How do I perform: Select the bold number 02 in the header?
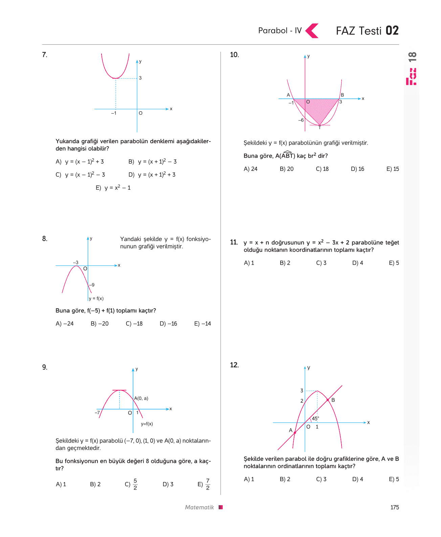pyautogui.click(x=392, y=30)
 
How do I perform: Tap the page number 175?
pyautogui.click(x=394, y=507)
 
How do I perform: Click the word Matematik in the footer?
pyautogui.click(x=199, y=507)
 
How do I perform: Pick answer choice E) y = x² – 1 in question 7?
pyautogui.click(x=113, y=187)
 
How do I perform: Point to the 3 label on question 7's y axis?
pyautogui.click(x=140, y=78)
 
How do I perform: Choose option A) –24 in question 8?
pyautogui.click(x=64, y=323)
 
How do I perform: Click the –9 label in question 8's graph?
pyautogui.click(x=92, y=285)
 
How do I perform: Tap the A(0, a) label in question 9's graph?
pyautogui.click(x=141, y=398)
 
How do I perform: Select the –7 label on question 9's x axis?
pyautogui.click(x=97, y=412)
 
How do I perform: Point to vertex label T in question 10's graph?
pyautogui.click(x=319, y=128)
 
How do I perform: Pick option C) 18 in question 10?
pyautogui.click(x=322, y=169)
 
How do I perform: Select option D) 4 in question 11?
pyautogui.click(x=357, y=263)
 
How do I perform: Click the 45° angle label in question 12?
pyautogui.click(x=315, y=418)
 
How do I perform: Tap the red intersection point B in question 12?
pyautogui.click(x=328, y=400)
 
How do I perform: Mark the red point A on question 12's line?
pyautogui.click(x=295, y=433)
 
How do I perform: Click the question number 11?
pyautogui.click(x=234, y=242)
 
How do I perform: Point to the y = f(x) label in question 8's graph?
pyautogui.click(x=96, y=298)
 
